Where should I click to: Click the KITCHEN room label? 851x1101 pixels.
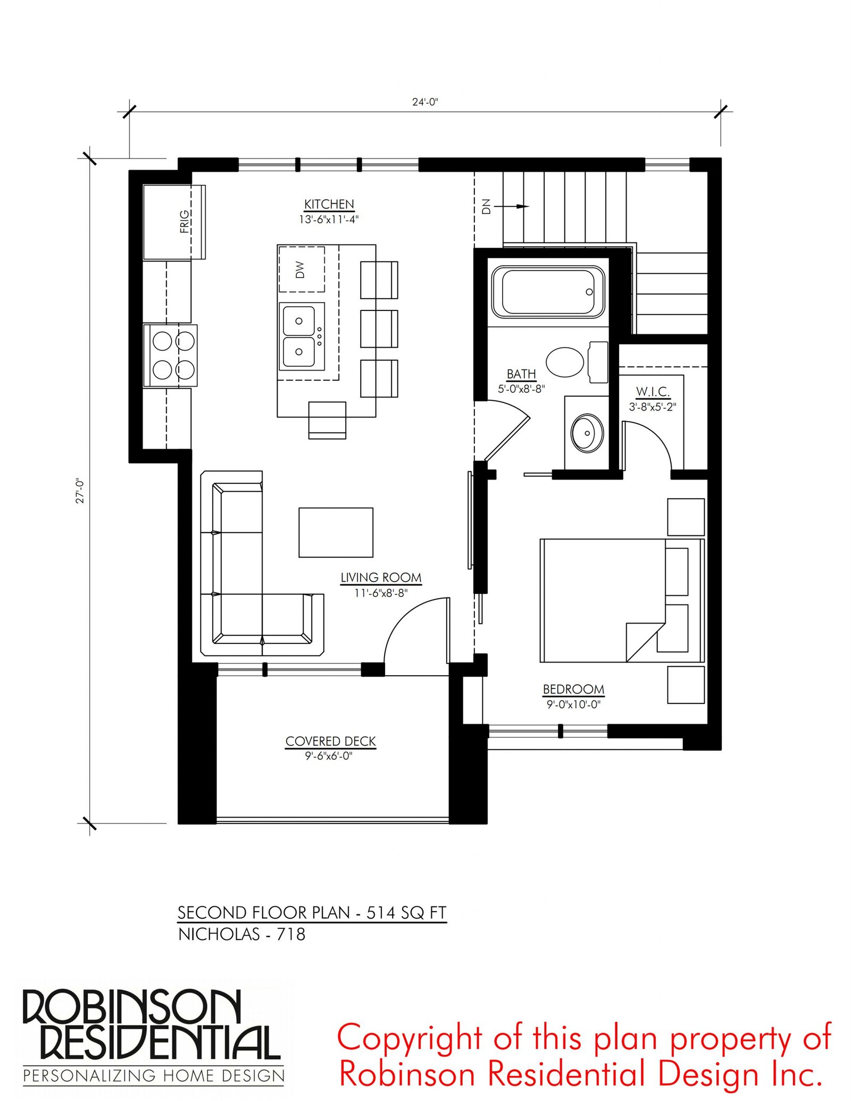click(x=329, y=204)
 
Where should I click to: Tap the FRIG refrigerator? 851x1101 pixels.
click(x=174, y=222)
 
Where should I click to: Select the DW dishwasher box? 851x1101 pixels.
click(x=302, y=269)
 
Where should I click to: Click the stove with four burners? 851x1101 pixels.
click(x=170, y=355)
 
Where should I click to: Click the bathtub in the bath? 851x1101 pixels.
click(x=548, y=292)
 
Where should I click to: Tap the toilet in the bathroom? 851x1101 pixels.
click(x=577, y=362)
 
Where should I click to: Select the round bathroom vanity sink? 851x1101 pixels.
click(x=587, y=433)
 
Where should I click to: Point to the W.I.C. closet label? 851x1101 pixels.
click(x=653, y=392)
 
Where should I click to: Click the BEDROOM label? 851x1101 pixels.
click(x=573, y=689)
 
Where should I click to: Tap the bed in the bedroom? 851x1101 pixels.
click(x=622, y=600)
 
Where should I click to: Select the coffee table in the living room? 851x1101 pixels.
click(x=336, y=532)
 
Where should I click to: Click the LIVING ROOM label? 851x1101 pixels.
click(x=381, y=577)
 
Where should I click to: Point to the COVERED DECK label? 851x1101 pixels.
click(x=330, y=741)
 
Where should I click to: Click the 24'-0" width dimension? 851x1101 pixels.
click(x=425, y=102)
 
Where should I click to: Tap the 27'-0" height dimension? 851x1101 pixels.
click(x=80, y=491)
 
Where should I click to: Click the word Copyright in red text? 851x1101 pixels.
click(x=410, y=1039)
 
